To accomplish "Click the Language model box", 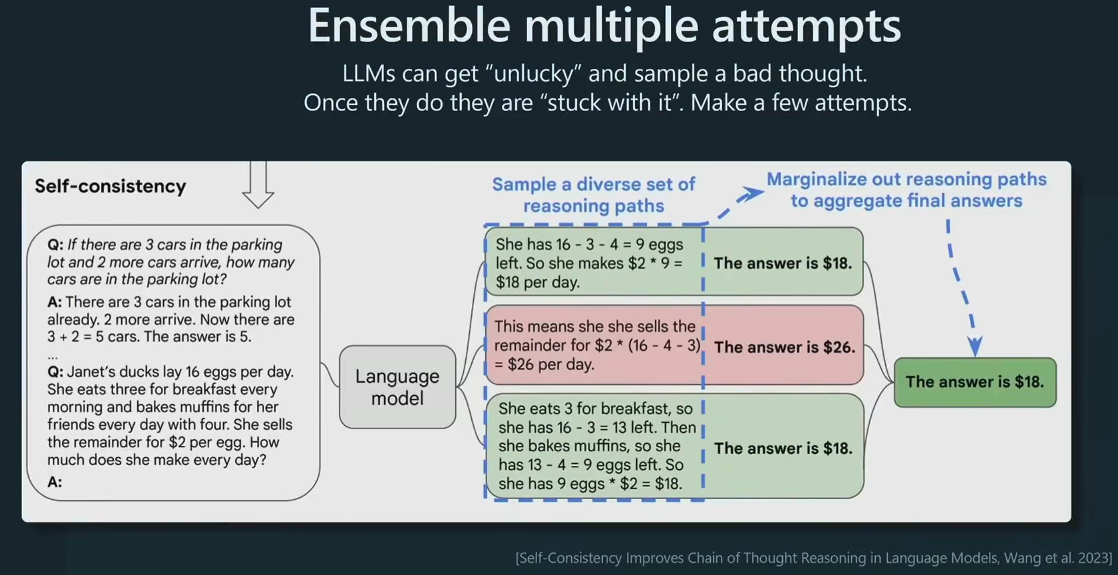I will pos(397,387).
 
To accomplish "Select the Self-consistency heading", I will pos(110,186).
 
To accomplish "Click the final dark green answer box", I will pos(975,382).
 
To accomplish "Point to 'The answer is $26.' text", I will pos(785,347).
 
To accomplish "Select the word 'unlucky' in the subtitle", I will pos(534,73).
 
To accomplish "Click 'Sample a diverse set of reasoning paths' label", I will pos(593,195).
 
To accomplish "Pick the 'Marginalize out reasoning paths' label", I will pos(906,180).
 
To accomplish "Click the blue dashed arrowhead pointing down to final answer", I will pos(975,346).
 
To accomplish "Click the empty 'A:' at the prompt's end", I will pos(54,482).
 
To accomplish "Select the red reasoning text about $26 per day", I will pos(596,345).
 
